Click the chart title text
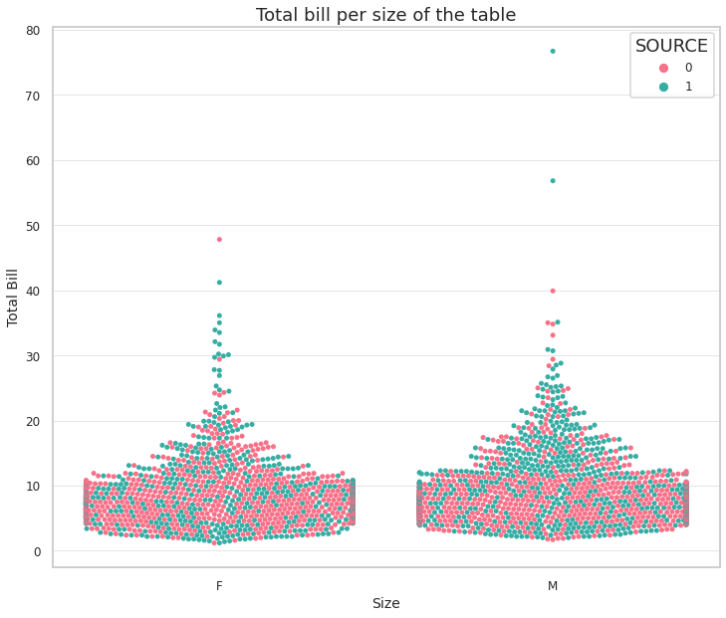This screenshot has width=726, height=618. [385, 15]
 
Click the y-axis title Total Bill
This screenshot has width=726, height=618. [14, 297]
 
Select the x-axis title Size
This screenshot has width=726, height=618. [385, 603]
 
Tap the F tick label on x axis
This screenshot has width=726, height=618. [219, 586]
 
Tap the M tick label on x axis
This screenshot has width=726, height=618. [553, 586]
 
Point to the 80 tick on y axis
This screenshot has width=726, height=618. [33, 31]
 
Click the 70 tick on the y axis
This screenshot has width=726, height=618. [33, 96]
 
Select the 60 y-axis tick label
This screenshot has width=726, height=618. [33, 161]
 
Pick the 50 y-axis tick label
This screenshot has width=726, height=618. [33, 226]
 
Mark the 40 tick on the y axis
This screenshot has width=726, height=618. [33, 292]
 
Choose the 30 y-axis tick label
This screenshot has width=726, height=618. [33, 356]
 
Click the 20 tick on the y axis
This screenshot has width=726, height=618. [33, 422]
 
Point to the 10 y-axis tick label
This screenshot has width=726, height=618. [33, 487]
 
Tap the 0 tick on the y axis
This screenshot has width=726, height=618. [37, 552]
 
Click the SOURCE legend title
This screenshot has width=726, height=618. [671, 46]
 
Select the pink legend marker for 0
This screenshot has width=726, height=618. [663, 68]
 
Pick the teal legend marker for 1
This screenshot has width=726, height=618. [663, 87]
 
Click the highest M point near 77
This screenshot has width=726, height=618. [553, 51]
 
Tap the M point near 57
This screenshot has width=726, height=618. [553, 180]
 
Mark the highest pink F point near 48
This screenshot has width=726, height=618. [219, 239]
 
